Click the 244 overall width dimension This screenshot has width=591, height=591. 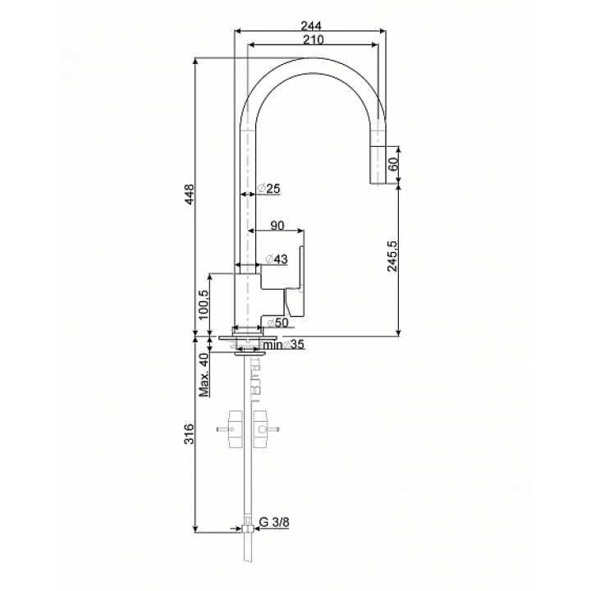tap(311, 25)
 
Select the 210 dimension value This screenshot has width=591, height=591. tap(314, 39)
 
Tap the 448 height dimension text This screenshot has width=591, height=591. tap(190, 195)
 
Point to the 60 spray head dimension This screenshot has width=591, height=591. tap(393, 164)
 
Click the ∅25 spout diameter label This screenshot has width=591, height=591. tap(269, 188)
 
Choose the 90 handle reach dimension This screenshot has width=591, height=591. tap(277, 225)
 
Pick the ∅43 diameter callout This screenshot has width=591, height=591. tap(277, 259)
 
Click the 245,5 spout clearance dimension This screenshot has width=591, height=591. tap(392, 256)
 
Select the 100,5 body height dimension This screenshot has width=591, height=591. tap(204, 305)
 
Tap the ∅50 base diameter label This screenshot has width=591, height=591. tap(277, 323)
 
